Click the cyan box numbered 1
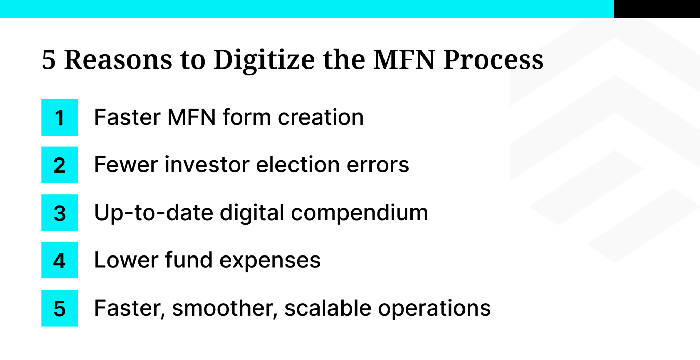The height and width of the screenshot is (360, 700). click(x=59, y=117)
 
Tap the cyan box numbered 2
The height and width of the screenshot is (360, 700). click(x=59, y=165)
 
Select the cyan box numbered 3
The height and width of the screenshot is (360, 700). click(x=59, y=212)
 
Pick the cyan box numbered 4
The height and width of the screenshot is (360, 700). click(x=59, y=260)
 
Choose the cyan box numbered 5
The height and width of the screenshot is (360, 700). click(x=59, y=308)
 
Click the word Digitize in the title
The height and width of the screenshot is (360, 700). click(x=264, y=60)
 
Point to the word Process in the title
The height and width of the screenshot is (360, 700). click(x=493, y=60)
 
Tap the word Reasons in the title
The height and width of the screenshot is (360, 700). click(x=118, y=60)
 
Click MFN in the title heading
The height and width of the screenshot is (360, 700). click(x=404, y=60)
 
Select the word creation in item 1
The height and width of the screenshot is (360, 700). click(x=320, y=117)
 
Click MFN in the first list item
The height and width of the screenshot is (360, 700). click(x=191, y=117)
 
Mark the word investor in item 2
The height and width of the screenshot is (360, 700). click(x=207, y=165)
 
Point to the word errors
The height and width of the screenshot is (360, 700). click(x=378, y=165)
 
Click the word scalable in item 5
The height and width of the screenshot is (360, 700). click(x=327, y=308)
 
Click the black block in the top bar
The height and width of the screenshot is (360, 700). click(x=657, y=9)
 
